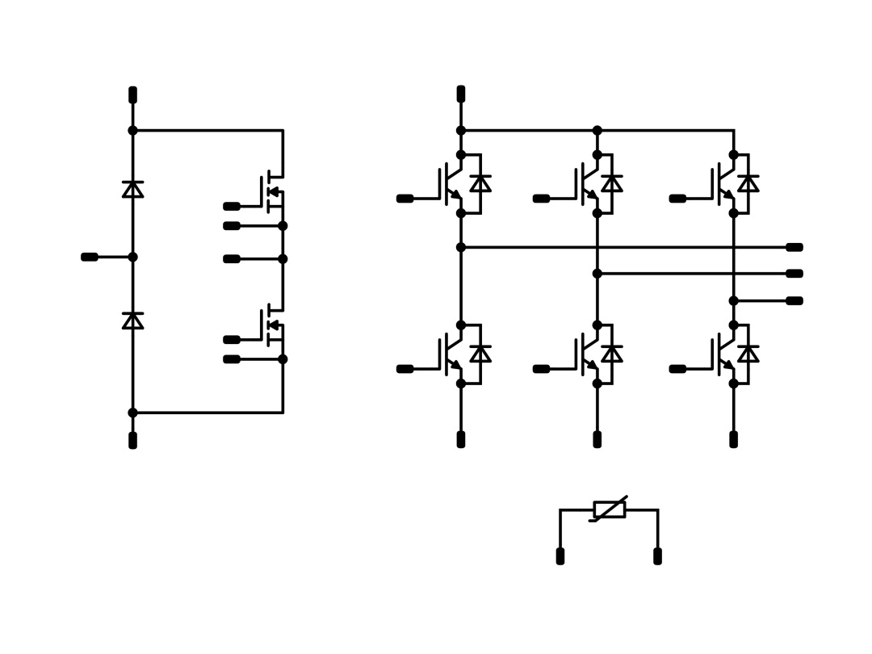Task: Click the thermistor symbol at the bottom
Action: [x=610, y=509]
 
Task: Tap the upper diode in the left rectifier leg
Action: [x=133, y=189]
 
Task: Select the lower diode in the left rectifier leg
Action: [x=133, y=321]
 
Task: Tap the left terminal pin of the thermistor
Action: [x=560, y=556]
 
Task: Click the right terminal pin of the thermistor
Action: [x=658, y=556]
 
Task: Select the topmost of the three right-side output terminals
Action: [x=794, y=247]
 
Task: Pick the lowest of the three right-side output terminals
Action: [x=794, y=300]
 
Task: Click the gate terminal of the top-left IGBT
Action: [x=405, y=199]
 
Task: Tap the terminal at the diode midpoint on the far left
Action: [x=90, y=257]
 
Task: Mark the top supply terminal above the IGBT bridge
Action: [x=461, y=94]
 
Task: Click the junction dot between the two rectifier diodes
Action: [x=133, y=257]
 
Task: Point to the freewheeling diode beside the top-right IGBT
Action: [x=748, y=183]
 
